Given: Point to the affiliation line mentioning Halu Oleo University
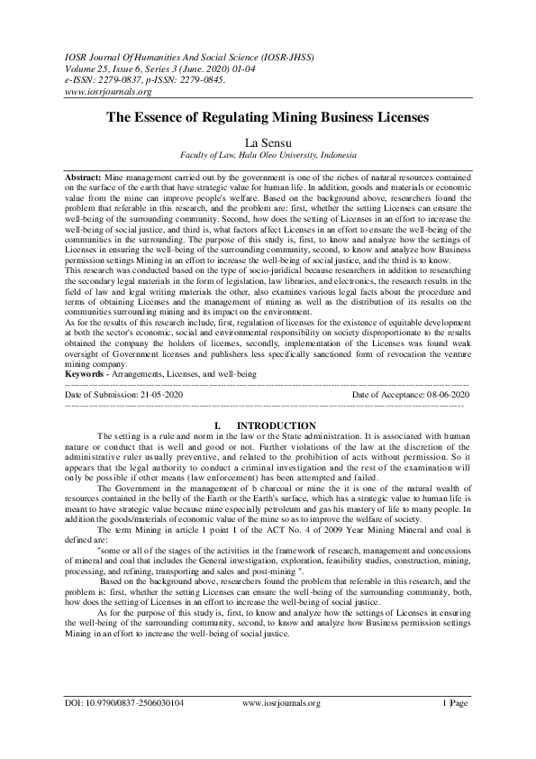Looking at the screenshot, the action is [268, 154].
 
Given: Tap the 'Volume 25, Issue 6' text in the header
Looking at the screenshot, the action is [104, 67].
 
